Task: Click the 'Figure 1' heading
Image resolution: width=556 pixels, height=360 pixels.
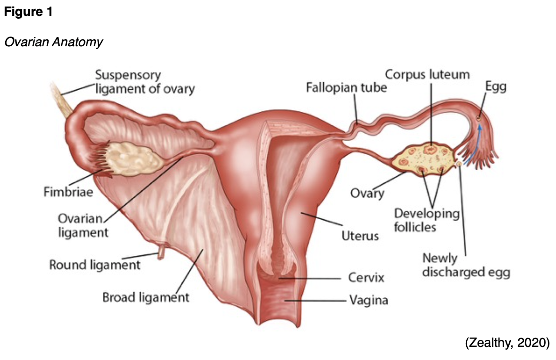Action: pos(28,12)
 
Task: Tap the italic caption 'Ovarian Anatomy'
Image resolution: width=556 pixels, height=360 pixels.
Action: pos(53,42)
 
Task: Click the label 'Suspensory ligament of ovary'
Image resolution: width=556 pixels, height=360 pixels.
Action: pos(144,81)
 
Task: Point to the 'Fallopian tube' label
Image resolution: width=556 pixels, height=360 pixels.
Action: pos(346,87)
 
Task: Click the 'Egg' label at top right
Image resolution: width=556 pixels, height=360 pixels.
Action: pos(496,86)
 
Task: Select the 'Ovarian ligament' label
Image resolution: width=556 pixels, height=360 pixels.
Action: pos(83,225)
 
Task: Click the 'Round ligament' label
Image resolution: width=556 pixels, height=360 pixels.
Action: pos(95,265)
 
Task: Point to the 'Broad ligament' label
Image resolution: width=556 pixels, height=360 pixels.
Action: pos(146,297)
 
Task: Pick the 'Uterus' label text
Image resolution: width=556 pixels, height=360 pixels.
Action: pos(360,235)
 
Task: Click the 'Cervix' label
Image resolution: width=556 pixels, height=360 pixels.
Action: pos(366,278)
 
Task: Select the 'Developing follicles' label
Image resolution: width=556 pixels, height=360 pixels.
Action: pos(427,220)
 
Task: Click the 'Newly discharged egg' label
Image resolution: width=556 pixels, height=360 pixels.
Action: pos(465,265)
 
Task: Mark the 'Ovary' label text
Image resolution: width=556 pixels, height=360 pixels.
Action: pos(367,193)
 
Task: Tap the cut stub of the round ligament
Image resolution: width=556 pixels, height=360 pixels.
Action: pos(161,253)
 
